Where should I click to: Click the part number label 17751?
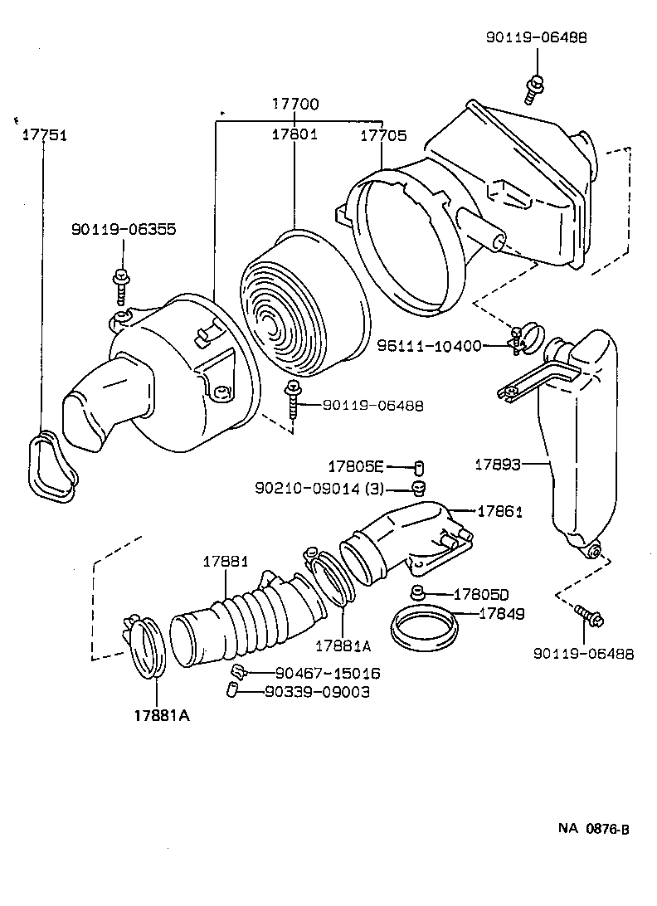click(x=44, y=136)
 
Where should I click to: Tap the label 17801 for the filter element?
click(x=294, y=134)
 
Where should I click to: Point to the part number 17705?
click(x=382, y=134)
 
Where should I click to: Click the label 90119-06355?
click(x=123, y=230)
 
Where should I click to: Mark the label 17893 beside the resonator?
click(x=498, y=465)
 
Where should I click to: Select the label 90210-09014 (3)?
click(x=319, y=489)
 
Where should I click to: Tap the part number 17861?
click(x=499, y=512)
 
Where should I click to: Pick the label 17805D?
click(x=480, y=594)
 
